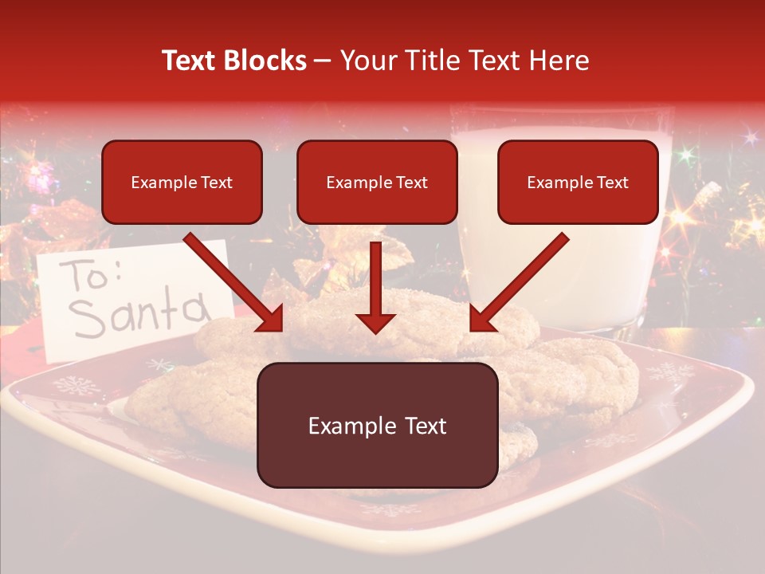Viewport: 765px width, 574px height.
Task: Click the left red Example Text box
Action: [182, 182]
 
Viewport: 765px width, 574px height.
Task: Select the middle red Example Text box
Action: [377, 182]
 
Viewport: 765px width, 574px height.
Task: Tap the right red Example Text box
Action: [578, 182]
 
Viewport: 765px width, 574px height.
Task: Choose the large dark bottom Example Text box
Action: [377, 425]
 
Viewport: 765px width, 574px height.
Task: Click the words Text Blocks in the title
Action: [234, 61]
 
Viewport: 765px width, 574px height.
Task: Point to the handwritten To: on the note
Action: [92, 275]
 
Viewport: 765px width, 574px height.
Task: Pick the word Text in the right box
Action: [612, 182]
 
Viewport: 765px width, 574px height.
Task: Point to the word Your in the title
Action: [366, 61]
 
